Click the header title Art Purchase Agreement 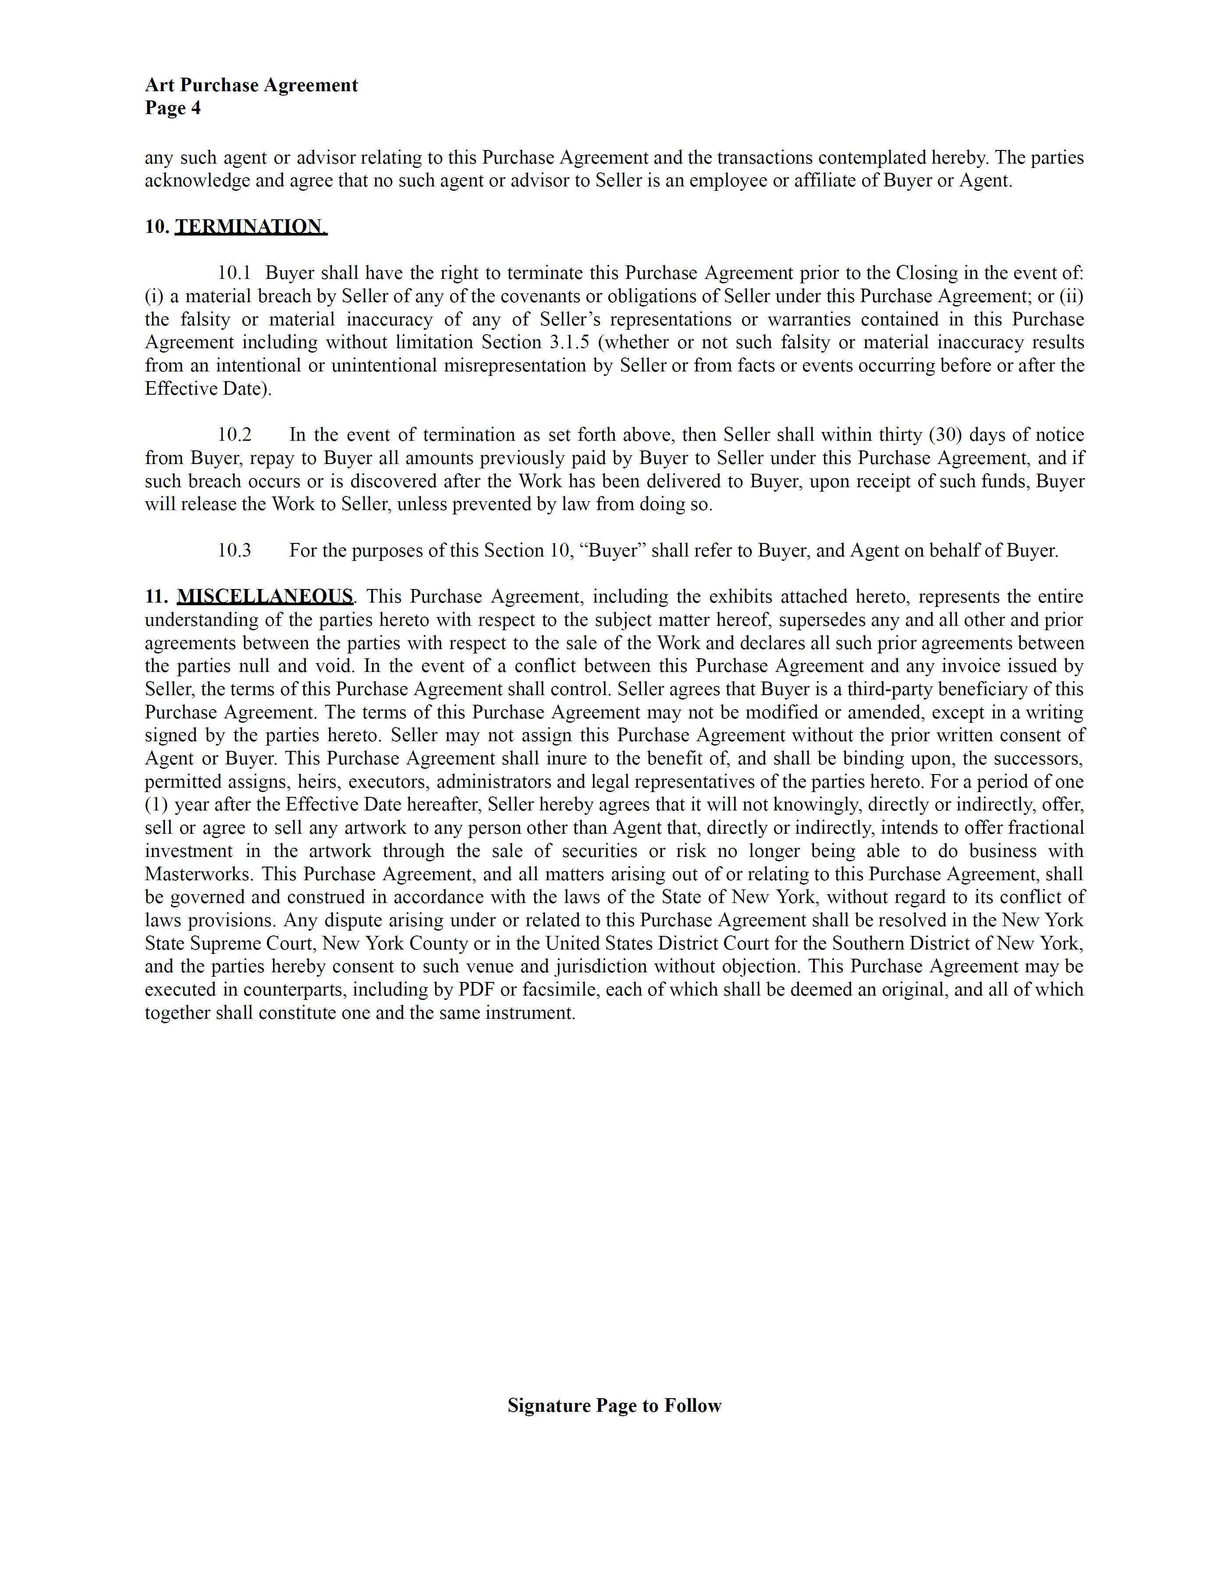tap(251, 85)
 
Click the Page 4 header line tap(173, 109)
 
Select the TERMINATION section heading tap(251, 227)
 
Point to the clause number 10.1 tap(234, 273)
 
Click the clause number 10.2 tap(234, 435)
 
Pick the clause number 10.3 tap(234, 550)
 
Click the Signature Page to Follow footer tap(614, 1406)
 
